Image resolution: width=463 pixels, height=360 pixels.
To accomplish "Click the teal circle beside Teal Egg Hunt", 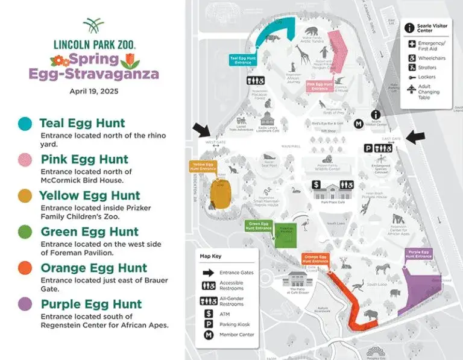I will tap(25, 124).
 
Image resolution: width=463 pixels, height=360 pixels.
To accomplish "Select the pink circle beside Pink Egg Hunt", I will tap(25, 160).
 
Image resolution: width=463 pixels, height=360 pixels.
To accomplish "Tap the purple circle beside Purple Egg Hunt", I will tap(25, 304).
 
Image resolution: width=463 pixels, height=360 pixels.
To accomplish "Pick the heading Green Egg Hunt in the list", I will tap(89, 232).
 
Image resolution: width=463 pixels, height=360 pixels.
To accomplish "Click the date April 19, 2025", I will tap(93, 92).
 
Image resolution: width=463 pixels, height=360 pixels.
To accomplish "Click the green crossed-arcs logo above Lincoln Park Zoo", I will tap(93, 26).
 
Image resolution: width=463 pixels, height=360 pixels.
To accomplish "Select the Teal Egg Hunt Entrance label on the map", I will tap(244, 59).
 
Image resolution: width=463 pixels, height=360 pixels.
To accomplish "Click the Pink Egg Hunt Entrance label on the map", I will tap(320, 86).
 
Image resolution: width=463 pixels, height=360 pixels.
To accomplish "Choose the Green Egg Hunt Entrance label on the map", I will tap(259, 226).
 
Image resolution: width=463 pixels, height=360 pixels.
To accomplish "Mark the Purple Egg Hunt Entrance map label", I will tap(419, 254).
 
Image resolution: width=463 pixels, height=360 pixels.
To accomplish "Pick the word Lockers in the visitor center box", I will tap(426, 77).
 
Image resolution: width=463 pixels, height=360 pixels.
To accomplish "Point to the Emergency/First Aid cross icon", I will tap(412, 44).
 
